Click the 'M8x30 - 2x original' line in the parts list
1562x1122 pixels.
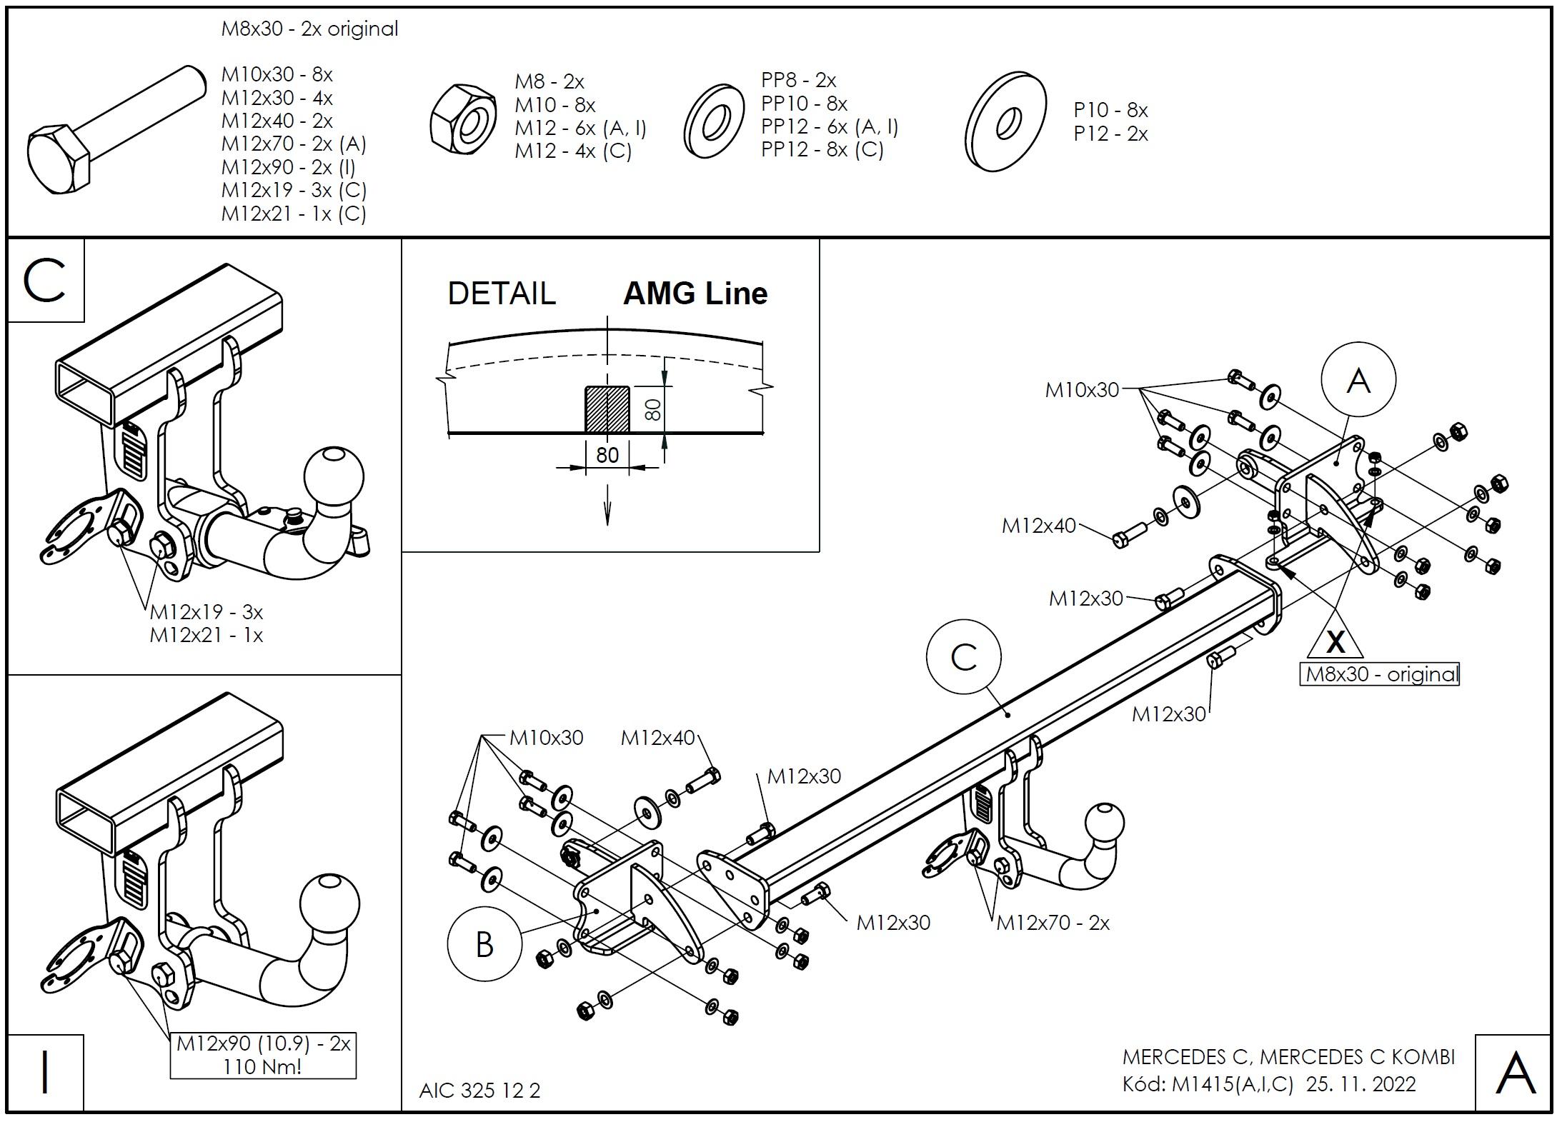tap(309, 29)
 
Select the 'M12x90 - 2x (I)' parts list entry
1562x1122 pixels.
tap(288, 167)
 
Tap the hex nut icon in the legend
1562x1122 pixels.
tap(464, 120)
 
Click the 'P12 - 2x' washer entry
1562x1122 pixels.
tap(1110, 134)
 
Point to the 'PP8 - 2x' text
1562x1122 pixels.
tap(798, 80)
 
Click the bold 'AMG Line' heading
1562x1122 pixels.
tap(695, 294)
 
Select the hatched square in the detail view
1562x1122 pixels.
tap(607, 409)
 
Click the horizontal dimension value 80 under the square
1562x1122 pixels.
tap(607, 455)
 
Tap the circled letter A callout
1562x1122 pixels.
tap(1358, 379)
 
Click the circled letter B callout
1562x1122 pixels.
tap(484, 944)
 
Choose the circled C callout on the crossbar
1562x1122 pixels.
tap(963, 656)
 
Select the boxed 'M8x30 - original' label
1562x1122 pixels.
tap(1379, 674)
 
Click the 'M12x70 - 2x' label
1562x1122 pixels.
tap(1053, 923)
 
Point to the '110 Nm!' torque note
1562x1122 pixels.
tap(262, 1067)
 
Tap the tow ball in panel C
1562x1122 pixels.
tap(334, 478)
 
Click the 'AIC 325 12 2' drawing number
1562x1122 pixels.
tap(479, 1091)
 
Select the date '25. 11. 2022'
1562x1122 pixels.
tap(1360, 1084)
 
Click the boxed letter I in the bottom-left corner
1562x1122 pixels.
tap(46, 1073)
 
